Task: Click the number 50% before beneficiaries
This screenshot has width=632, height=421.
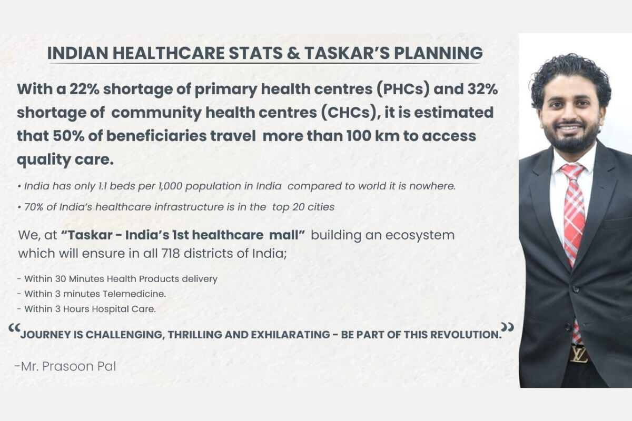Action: pyautogui.click(x=67, y=136)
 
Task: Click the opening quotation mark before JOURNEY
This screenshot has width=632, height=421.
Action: pyautogui.click(x=14, y=329)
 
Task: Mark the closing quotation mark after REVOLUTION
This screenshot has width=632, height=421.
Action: pyautogui.click(x=508, y=327)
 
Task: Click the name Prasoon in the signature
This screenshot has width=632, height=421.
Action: pyautogui.click(x=69, y=366)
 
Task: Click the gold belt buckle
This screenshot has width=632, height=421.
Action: pyautogui.click(x=578, y=353)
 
